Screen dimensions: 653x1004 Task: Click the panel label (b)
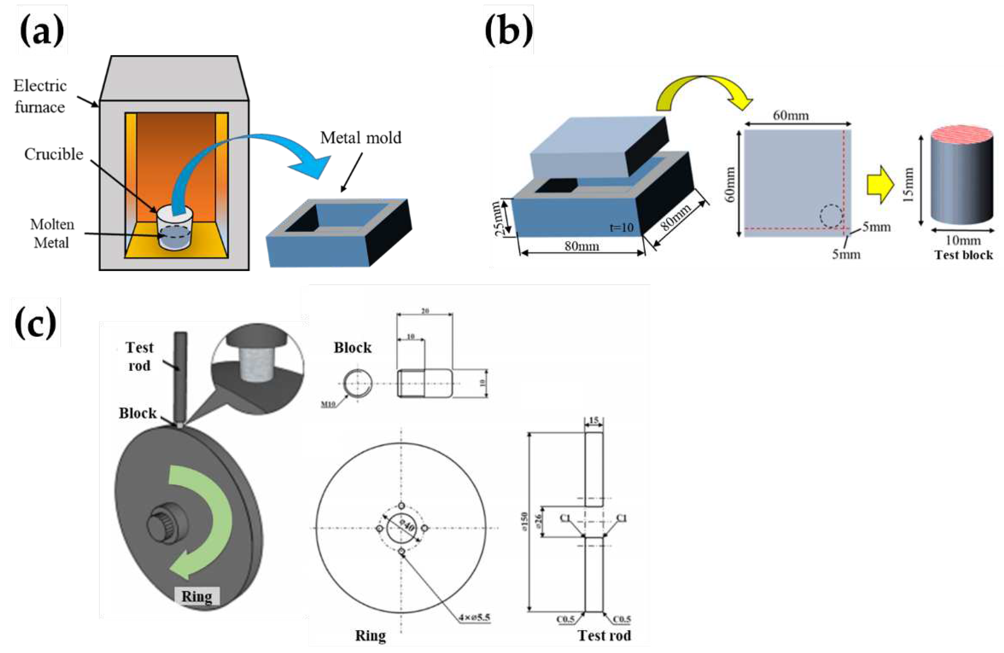tap(508, 30)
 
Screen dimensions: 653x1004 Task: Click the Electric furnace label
tap(40, 97)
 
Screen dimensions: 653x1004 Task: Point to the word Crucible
tap(54, 154)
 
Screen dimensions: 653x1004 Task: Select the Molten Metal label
tap(52, 233)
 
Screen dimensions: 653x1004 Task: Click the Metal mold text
tap(360, 138)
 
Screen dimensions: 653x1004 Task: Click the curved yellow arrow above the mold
tap(702, 91)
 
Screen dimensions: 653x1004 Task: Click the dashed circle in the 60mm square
tap(831, 216)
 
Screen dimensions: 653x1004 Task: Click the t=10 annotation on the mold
tap(621, 228)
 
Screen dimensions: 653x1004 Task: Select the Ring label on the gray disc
tap(197, 596)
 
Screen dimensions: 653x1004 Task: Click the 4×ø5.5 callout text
tap(474, 618)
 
